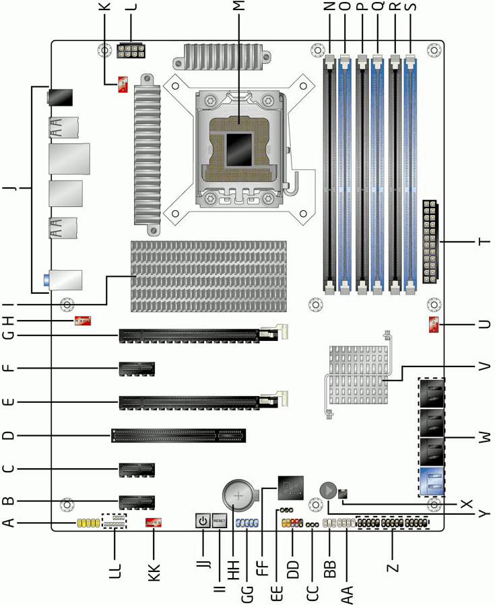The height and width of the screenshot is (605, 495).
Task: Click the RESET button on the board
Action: tap(219, 521)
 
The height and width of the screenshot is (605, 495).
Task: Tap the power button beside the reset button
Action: tap(203, 521)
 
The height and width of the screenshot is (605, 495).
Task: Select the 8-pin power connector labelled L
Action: tap(131, 51)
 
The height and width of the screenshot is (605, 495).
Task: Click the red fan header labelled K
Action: tap(123, 85)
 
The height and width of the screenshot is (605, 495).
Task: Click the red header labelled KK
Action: tap(153, 523)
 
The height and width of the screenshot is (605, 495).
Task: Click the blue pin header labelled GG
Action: tap(247, 523)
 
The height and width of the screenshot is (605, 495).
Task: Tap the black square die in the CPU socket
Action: tap(239, 150)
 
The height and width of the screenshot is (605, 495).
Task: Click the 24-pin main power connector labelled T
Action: tap(430, 242)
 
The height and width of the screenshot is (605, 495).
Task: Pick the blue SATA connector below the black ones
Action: tap(431, 482)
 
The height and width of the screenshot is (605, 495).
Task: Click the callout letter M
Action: tap(239, 5)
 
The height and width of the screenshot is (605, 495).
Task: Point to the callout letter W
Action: tap(484, 437)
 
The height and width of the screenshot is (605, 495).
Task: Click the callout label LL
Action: tap(115, 571)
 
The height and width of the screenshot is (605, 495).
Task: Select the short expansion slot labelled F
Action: tap(137, 369)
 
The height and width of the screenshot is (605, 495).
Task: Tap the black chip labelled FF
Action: tap(290, 488)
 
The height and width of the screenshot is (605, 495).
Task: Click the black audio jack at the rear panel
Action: tap(59, 97)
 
